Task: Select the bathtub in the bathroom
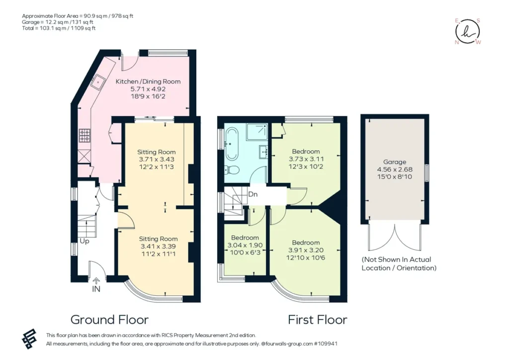coord(232,144)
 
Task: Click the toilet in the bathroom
coord(232,170)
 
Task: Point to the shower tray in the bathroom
coord(257,132)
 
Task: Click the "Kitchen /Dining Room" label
coord(148,82)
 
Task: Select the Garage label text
coord(395,162)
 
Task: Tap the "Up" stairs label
coord(85,242)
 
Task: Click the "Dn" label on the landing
coord(253,194)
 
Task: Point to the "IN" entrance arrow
coord(96,281)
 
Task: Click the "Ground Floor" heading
coord(109,320)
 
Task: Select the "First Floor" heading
coord(318,320)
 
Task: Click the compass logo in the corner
coord(467,31)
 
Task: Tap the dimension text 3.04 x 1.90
coord(245,245)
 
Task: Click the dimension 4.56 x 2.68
coord(395,170)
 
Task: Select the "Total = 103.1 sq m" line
coord(59,28)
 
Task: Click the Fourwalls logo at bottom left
coord(29,339)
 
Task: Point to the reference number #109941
coord(326,344)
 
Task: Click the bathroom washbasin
coord(263,151)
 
